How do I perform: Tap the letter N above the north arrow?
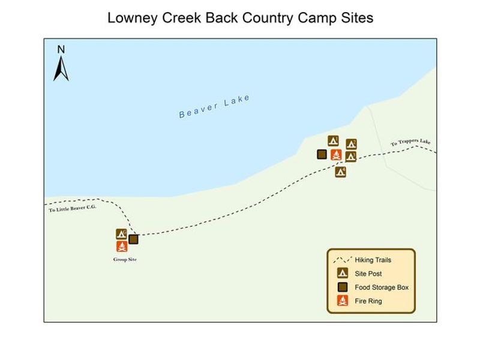pos(61,50)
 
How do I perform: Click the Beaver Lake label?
pos(214,106)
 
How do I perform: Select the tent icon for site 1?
pos(334,141)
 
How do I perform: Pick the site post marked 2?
pos(352,144)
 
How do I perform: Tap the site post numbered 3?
pos(351,157)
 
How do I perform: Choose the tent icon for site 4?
pos(340,172)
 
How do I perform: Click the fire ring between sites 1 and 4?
pos(336,155)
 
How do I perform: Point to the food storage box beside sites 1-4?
pos(322,154)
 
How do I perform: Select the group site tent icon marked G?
pos(121,234)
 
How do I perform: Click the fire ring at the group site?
pos(122,246)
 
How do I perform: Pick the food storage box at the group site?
pos(133,239)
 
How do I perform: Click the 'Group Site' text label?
pos(125,259)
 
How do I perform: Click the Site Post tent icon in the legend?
pos(342,274)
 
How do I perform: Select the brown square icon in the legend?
pos(342,287)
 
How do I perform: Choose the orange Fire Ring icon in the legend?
pos(342,301)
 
